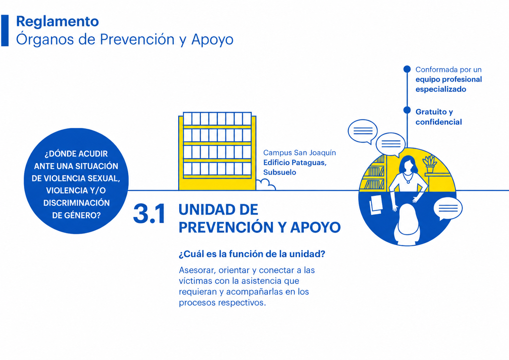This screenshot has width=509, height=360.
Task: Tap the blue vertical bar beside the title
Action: pyautogui.click(x=5, y=31)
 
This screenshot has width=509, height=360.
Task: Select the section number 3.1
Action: pyautogui.click(x=149, y=214)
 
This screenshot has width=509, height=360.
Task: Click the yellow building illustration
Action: pyautogui.click(x=217, y=151)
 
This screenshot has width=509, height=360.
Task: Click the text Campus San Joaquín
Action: pyautogui.click(x=299, y=153)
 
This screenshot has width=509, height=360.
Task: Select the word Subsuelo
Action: pyautogui.click(x=280, y=172)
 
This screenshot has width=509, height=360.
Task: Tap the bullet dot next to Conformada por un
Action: pyautogui.click(x=407, y=69)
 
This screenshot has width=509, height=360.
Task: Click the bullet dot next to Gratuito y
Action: pyautogui.click(x=407, y=110)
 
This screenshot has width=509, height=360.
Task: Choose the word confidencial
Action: pyautogui.click(x=439, y=122)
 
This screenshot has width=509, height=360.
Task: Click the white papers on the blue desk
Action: pyautogui.click(x=376, y=204)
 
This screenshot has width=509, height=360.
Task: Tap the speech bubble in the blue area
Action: pyautogui.click(x=448, y=208)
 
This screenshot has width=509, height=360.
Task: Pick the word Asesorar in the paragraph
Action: pyautogui.click(x=197, y=270)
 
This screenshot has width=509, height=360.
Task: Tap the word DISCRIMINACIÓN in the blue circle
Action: pyautogui.click(x=76, y=203)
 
